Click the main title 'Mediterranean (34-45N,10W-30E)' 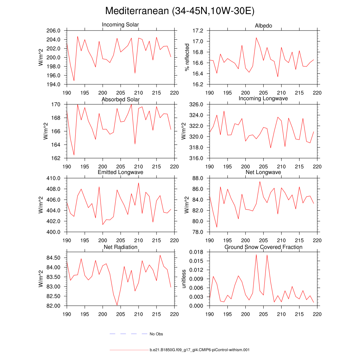pyautogui.click(x=180, y=11)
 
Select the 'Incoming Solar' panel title pyautogui.click(x=120, y=25)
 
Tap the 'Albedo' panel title pyautogui.click(x=263, y=26)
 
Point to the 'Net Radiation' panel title pyautogui.click(x=120, y=247)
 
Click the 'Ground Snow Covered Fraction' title pyautogui.click(x=263, y=247)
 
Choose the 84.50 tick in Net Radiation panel pyautogui.click(x=54, y=258)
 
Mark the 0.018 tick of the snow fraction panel pyautogui.click(x=197, y=252)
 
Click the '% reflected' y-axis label pyautogui.click(x=187, y=57)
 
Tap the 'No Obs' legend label pyautogui.click(x=156, y=334)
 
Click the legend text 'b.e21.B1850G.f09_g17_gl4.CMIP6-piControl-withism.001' pyautogui.click(x=199, y=350)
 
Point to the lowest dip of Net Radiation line pyautogui.click(x=117, y=305)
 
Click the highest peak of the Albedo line pyautogui.click(x=256, y=38)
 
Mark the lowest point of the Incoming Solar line pyautogui.click(x=74, y=81)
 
